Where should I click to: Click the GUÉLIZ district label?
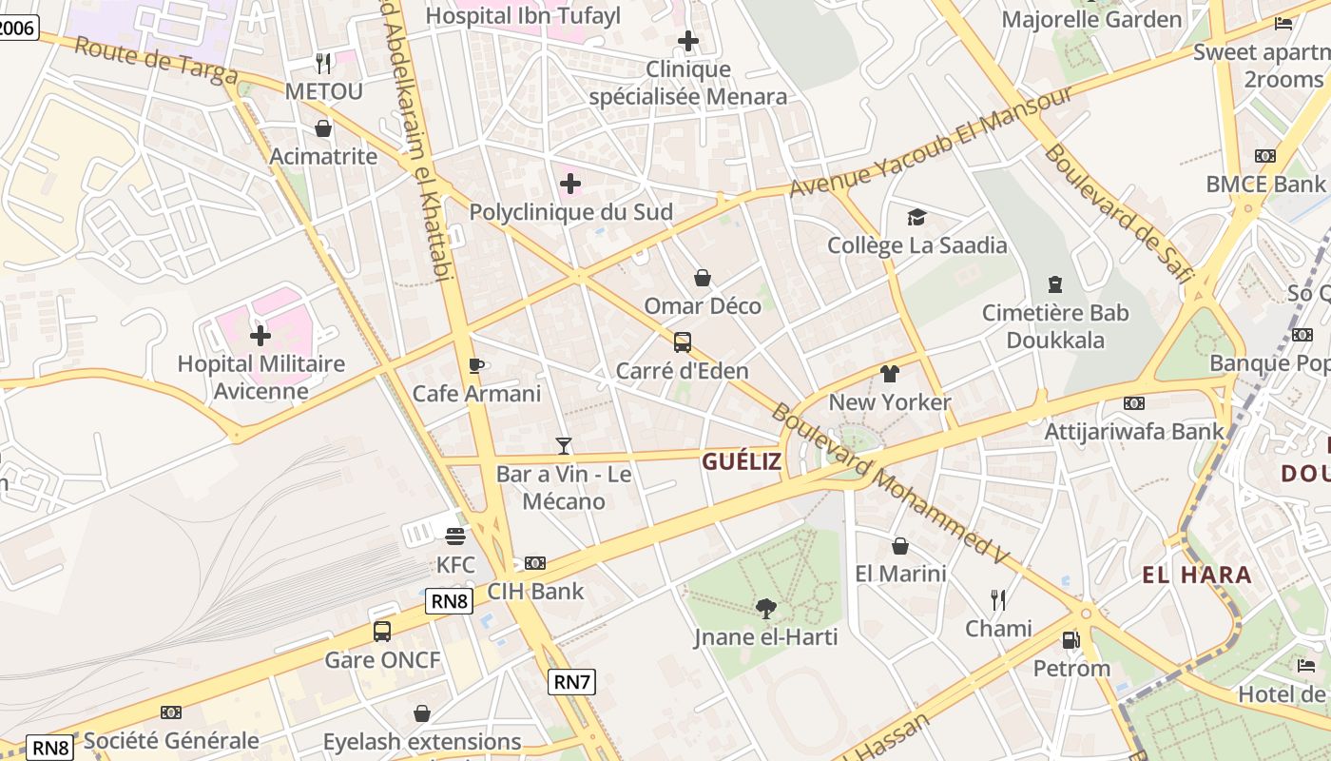tap(742, 462)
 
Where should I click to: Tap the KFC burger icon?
tap(455, 537)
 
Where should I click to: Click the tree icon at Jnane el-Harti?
tap(765, 608)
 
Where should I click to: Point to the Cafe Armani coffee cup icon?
tap(476, 365)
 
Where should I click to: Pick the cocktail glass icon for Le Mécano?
tap(564, 445)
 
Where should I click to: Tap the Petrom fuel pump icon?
tap(1071, 640)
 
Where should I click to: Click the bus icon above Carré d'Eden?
tap(682, 342)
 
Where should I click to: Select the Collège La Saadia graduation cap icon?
tap(916, 218)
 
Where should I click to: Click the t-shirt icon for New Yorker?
tap(889, 374)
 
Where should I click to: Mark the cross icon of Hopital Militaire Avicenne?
tap(260, 335)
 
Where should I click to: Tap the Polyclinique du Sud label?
tap(571, 212)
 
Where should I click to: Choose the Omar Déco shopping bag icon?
tap(703, 278)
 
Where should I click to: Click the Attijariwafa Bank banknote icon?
tap(1134, 403)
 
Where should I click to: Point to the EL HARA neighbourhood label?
tap(1197, 575)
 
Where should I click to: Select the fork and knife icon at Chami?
tap(998, 600)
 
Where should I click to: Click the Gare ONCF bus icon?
tap(382, 632)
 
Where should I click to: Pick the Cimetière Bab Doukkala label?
tap(1055, 326)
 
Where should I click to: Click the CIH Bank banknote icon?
tap(535, 563)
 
